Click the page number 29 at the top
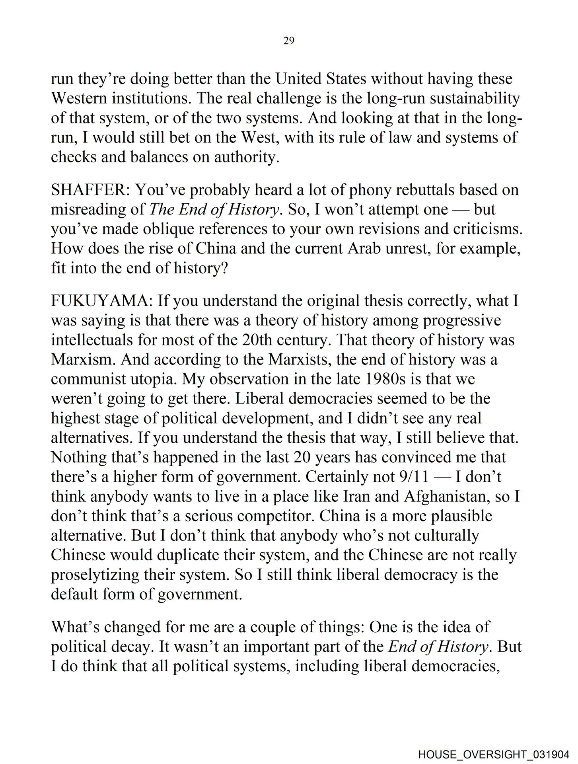(289, 41)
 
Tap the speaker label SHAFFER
(90, 190)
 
